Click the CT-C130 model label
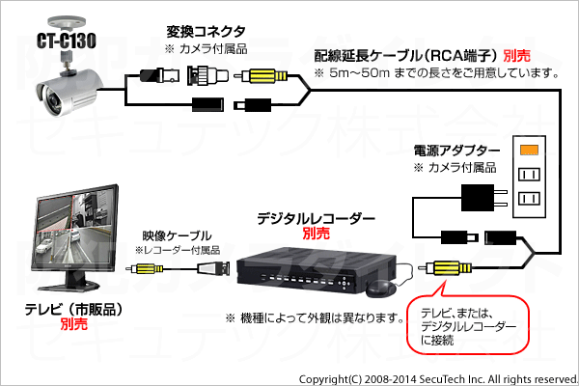coord(67,41)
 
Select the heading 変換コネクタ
coord(206,32)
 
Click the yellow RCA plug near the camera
coord(264,76)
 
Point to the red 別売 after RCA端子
coord(516,56)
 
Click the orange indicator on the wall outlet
coord(529,150)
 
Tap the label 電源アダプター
coord(456,151)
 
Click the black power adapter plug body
coord(478,198)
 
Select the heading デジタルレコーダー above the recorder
coord(316,219)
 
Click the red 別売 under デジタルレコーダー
coord(317,234)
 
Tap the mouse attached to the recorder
coord(380,289)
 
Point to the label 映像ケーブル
coord(178,236)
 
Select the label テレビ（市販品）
coord(73,310)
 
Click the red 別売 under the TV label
coord(74,324)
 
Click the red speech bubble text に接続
coord(437,341)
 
